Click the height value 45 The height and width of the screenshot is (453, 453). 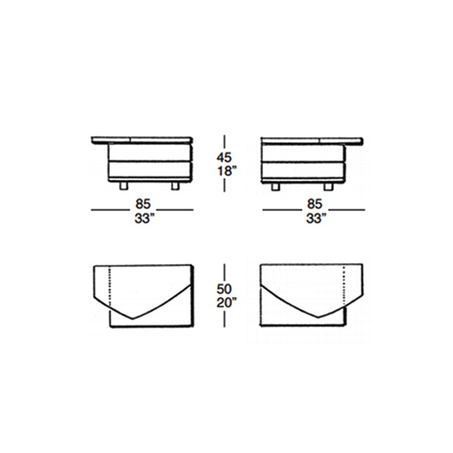point(224,157)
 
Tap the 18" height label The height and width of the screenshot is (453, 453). point(226,171)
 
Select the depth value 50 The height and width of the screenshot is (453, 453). point(224,289)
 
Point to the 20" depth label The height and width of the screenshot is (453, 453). point(226,303)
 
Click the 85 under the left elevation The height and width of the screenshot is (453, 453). point(143,204)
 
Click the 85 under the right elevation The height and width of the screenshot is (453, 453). point(315,204)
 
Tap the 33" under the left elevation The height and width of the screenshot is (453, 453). point(143,219)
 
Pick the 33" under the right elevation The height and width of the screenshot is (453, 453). point(314,219)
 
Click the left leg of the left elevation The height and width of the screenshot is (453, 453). point(123,186)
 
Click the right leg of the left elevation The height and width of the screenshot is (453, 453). point(175,186)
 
